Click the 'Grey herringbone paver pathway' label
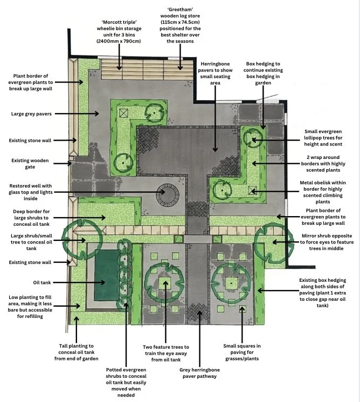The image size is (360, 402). tap(199, 372)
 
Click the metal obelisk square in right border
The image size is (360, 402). tap(252, 190)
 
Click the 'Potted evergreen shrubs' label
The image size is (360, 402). tap(126, 382)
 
